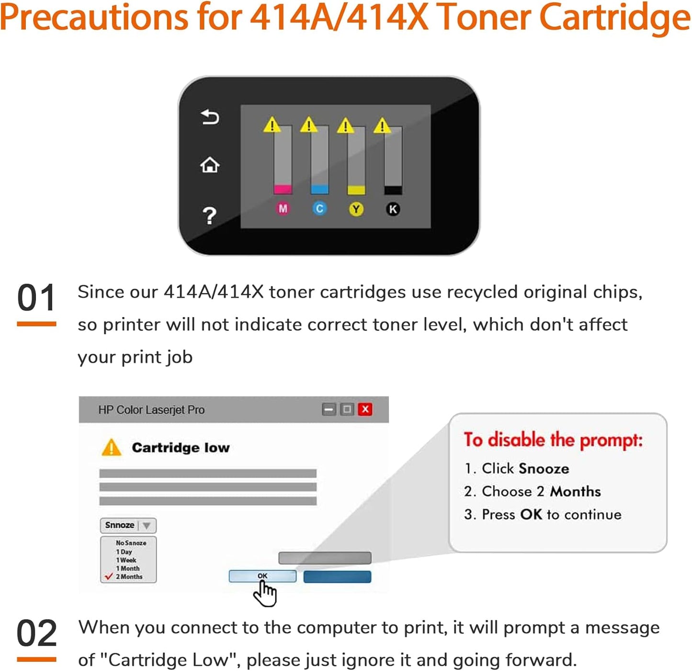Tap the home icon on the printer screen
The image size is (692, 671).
pos(210,165)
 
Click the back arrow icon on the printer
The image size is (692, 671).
pos(210,117)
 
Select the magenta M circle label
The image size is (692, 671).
pos(283,209)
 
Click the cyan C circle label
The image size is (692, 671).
pos(319,209)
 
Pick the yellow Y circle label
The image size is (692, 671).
pos(356,209)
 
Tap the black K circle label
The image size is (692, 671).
pos(393,209)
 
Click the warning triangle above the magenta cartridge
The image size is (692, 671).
pos(272,125)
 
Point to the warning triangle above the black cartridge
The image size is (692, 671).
pos(382,126)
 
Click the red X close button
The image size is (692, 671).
pos(365,409)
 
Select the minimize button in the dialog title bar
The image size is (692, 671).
pos(329,409)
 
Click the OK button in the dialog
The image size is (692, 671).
pos(262,576)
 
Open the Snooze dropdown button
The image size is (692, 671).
pos(128,525)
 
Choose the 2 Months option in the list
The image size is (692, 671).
pos(129,577)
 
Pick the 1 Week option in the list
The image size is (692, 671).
pos(126,560)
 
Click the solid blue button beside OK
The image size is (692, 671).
pos(337,577)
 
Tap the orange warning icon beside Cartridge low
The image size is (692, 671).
pos(112,448)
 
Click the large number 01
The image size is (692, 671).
pos(36,298)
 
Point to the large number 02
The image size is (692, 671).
pos(36,633)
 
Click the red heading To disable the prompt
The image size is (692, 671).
pos(553,440)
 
